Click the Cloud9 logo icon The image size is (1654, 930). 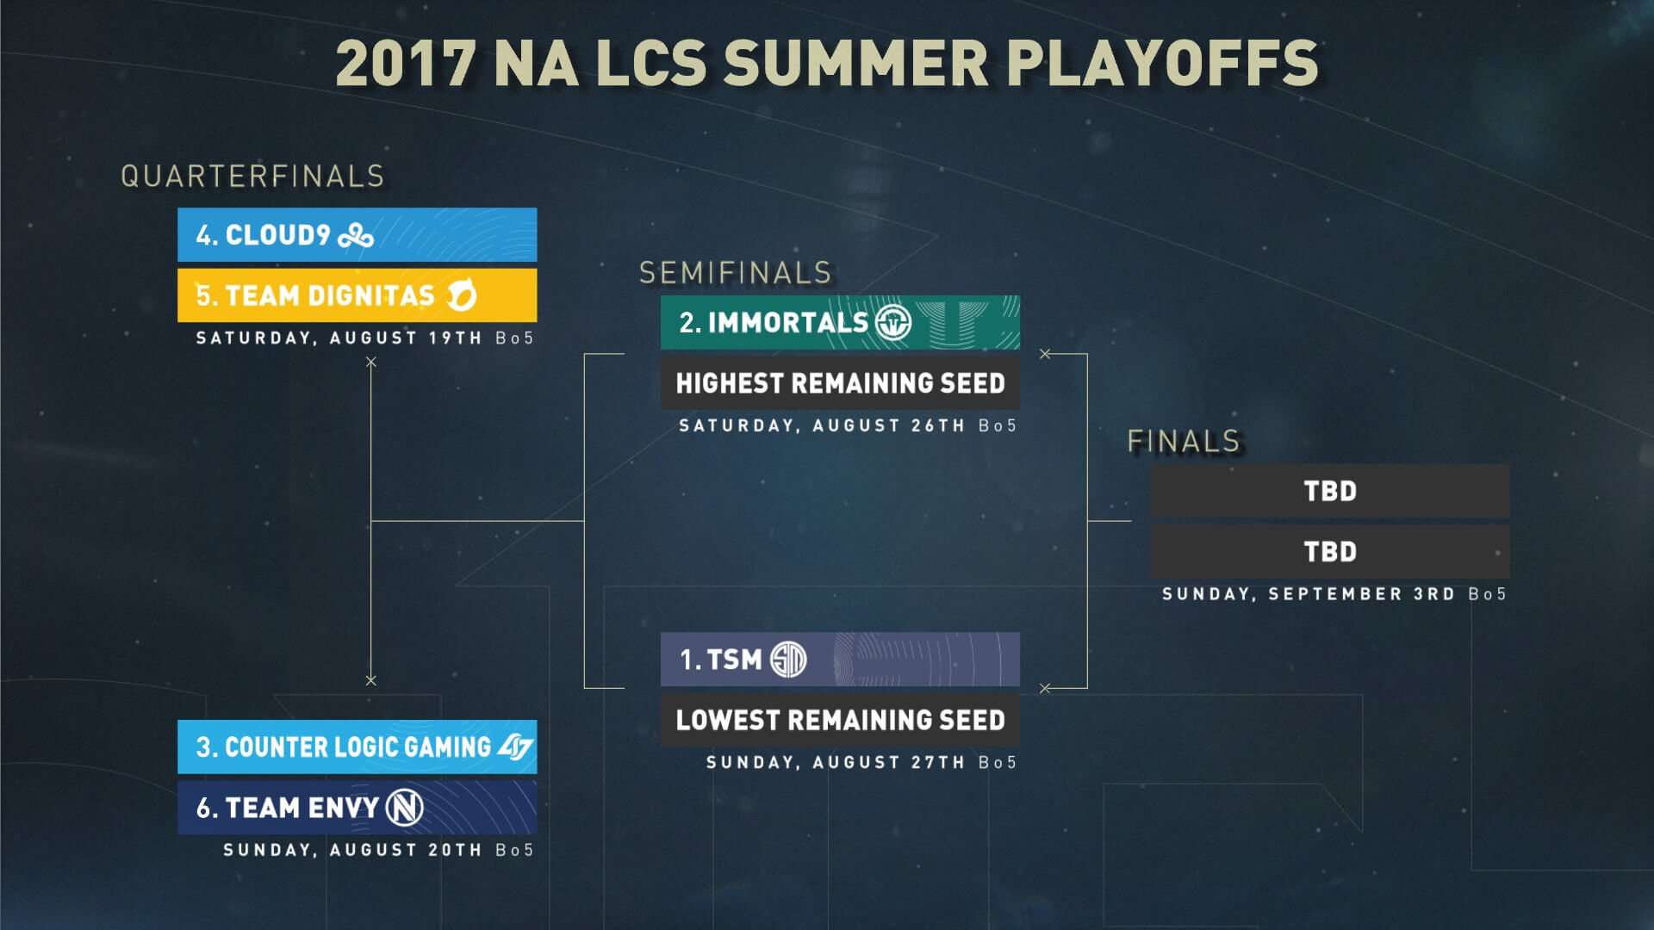coord(356,235)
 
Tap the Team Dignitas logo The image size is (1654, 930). coord(462,295)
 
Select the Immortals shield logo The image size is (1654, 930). coord(893,323)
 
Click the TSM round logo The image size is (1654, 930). coord(788,660)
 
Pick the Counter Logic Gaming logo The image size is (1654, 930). coord(516,747)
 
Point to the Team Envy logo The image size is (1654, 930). coord(405,808)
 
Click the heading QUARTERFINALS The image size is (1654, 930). coord(252,177)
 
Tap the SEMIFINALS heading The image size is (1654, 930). coord(736,273)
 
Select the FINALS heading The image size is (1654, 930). coord(1184,441)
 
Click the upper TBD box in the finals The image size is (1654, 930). coord(1330,491)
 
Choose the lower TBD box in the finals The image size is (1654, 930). coord(1330,551)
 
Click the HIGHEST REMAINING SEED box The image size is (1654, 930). coord(840,383)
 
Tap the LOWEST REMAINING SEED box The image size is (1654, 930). coord(840,720)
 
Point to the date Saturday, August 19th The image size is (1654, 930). coord(339,338)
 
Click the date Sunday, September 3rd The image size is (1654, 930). coord(1309,594)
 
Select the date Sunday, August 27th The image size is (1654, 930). coord(836,763)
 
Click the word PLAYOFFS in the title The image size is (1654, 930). coord(1162,63)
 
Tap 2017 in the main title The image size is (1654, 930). coord(405,63)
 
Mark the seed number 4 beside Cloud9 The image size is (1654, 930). coord(204,235)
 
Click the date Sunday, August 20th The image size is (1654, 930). coord(352,850)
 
